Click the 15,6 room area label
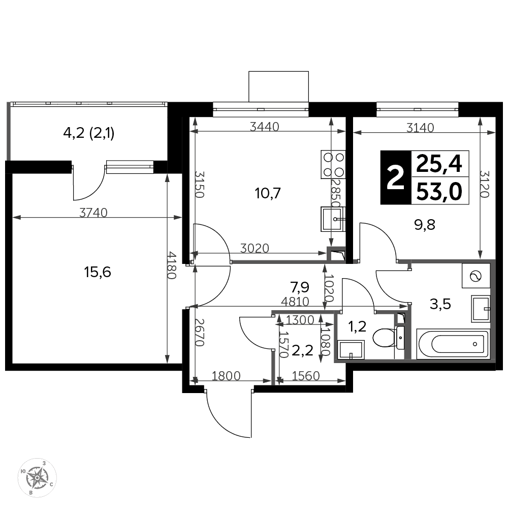click(x=98, y=272)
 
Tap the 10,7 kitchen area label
click(x=268, y=193)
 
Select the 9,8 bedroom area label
click(x=425, y=224)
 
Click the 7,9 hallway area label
click(x=299, y=287)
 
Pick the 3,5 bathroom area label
click(x=440, y=304)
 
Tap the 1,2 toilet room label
click(x=357, y=326)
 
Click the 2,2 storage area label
click(x=302, y=350)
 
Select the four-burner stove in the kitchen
click(x=333, y=164)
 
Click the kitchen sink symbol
click(x=333, y=219)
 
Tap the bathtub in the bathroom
click(x=453, y=344)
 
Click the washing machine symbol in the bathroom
click(x=476, y=276)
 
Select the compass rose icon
click(x=37, y=478)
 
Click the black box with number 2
click(x=396, y=177)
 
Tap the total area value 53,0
click(x=439, y=192)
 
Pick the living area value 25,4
click(x=439, y=164)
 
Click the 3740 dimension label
click(x=93, y=213)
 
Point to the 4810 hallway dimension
click(x=295, y=302)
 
